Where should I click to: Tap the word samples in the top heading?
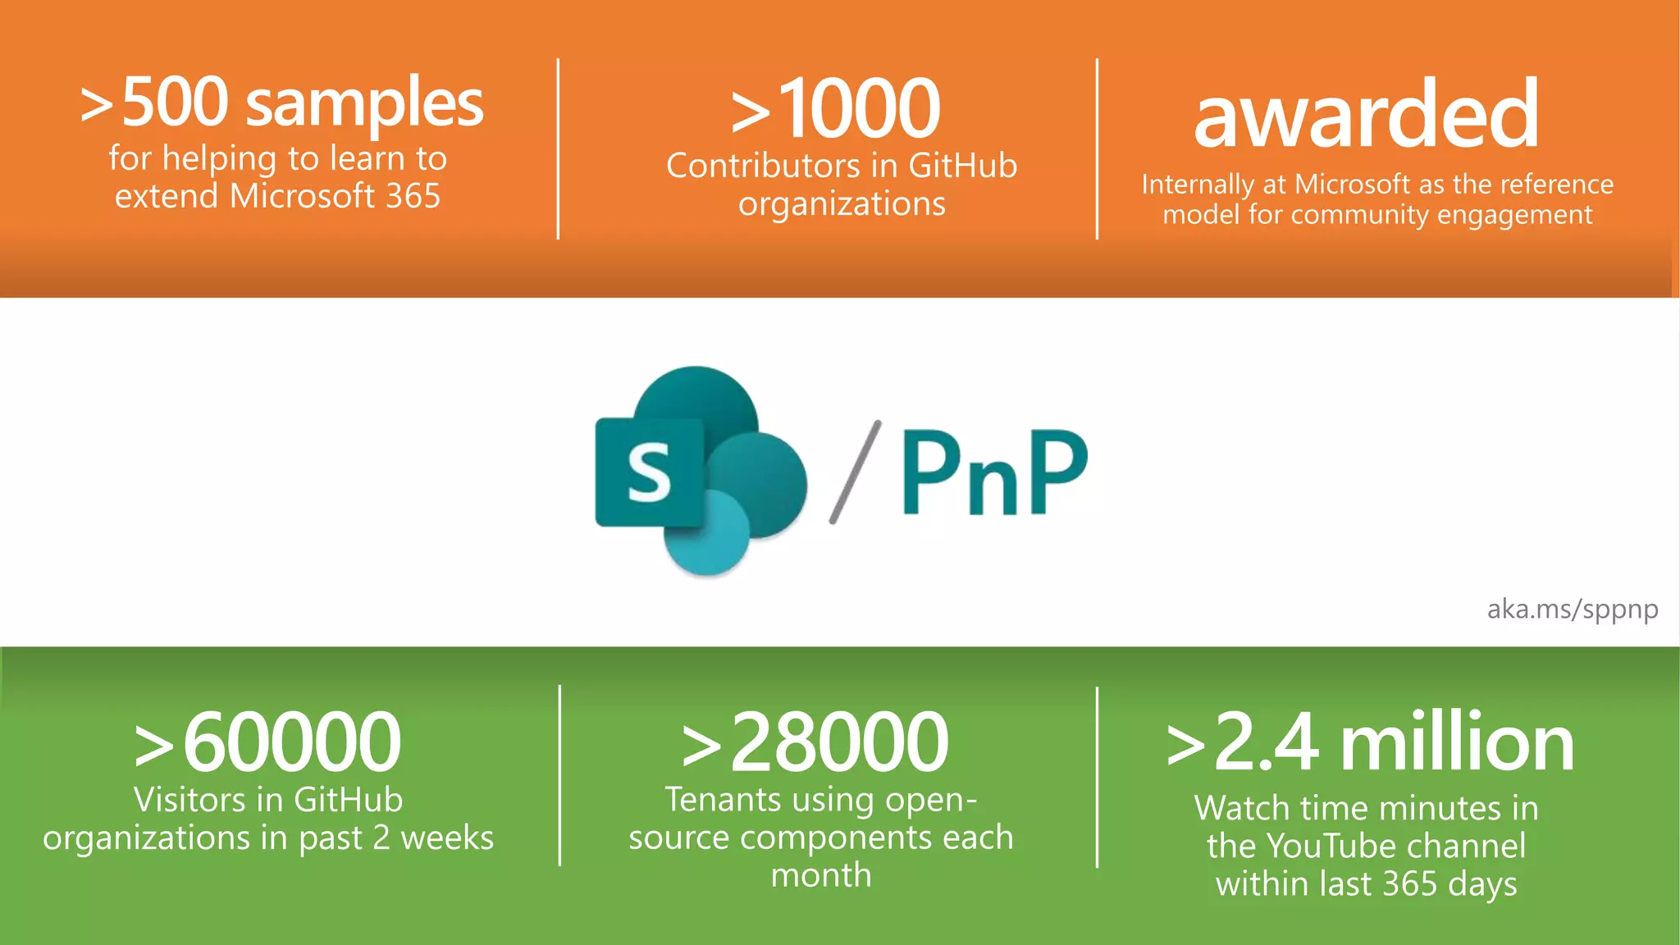(x=364, y=105)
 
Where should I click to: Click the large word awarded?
(x=1366, y=115)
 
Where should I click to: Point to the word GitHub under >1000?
(x=962, y=166)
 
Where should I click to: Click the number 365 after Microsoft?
(x=413, y=196)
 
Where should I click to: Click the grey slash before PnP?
(x=855, y=472)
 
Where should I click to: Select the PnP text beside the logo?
(x=994, y=472)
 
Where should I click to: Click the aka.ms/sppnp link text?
(x=1572, y=609)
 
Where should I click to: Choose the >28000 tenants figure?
(x=816, y=742)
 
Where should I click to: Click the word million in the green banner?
(x=1457, y=742)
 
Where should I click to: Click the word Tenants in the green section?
(x=723, y=800)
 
